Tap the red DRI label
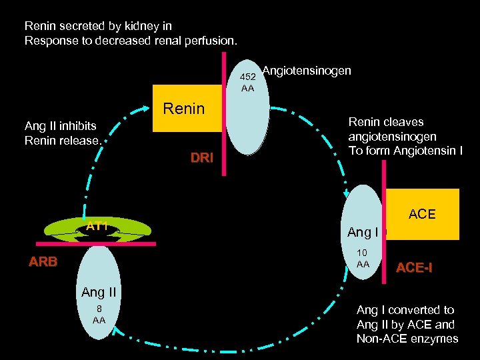click(x=201, y=158)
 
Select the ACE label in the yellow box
click(x=421, y=214)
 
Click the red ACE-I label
click(x=414, y=268)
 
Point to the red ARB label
click(x=43, y=262)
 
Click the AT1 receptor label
click(x=97, y=226)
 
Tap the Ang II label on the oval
click(x=99, y=292)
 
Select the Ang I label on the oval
click(x=363, y=233)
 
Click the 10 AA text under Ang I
click(x=363, y=259)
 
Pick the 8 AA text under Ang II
click(x=99, y=315)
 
